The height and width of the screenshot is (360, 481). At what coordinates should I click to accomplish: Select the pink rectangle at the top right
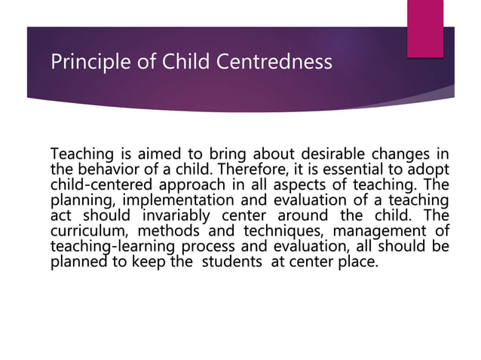pos(424,27)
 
